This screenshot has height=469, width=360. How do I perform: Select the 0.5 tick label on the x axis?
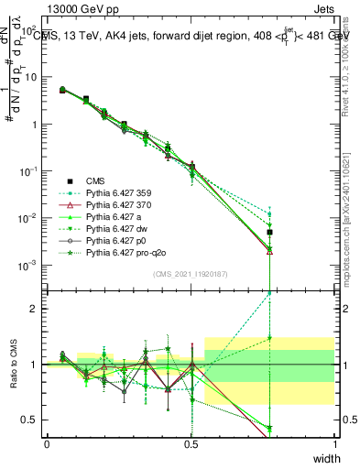pos(191,443)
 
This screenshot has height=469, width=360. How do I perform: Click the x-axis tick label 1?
pos(334,443)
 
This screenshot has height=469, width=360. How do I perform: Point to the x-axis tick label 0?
pos(47,443)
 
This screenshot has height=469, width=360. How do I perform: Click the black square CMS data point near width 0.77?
pos(269,233)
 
